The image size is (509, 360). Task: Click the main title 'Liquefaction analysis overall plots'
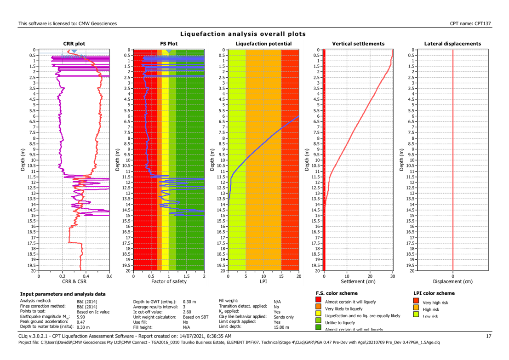pyautogui.click(x=243, y=34)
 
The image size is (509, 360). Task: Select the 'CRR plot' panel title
pyautogui.click(x=74, y=44)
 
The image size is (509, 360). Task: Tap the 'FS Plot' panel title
pyautogui.click(x=169, y=44)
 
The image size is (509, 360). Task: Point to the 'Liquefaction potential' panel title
pyautogui.click(x=263, y=44)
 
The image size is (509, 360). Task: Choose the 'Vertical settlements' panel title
pyautogui.click(x=358, y=44)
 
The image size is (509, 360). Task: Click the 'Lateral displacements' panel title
pyautogui.click(x=452, y=44)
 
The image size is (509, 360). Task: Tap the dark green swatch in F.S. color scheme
pyautogui.click(x=318, y=328)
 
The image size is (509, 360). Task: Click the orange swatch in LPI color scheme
pyautogui.click(x=417, y=309)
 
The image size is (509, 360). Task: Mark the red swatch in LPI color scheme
pyautogui.click(x=417, y=302)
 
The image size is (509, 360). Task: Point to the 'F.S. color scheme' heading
pyautogui.click(x=337, y=293)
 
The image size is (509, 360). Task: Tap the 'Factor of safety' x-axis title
pyautogui.click(x=169, y=281)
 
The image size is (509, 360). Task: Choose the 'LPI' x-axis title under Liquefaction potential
pyautogui.click(x=263, y=281)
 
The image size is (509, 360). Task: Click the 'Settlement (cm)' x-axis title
pyautogui.click(x=358, y=281)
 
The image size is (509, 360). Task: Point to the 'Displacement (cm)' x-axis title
pyautogui.click(x=452, y=281)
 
